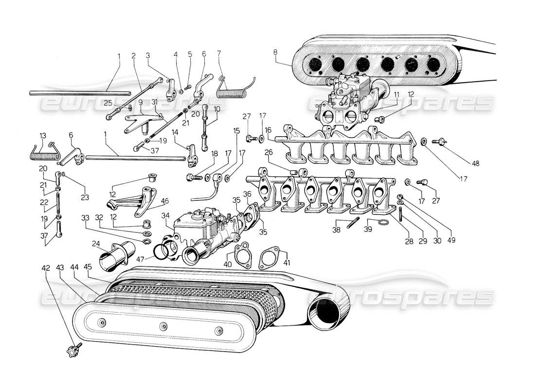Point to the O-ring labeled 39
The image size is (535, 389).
click(383, 223)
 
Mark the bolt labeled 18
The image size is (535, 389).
click(193, 177)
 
